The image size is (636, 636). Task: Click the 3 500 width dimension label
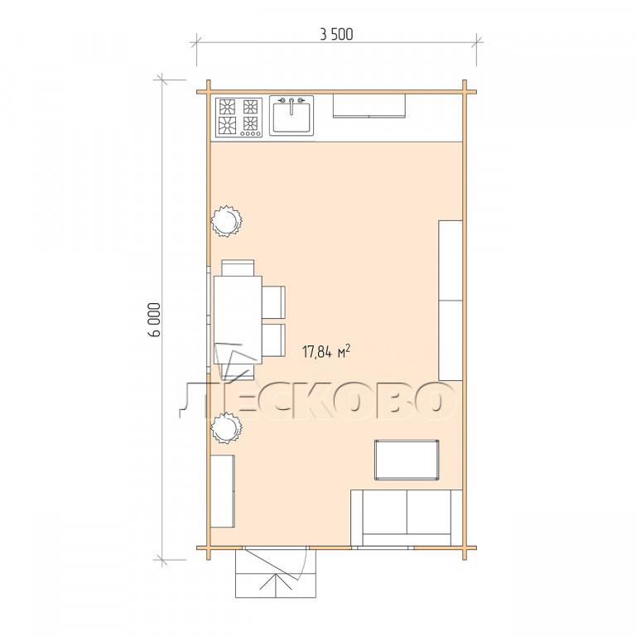[x=336, y=35]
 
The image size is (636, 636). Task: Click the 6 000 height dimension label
[x=155, y=320]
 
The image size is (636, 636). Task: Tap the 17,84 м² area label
[x=326, y=351]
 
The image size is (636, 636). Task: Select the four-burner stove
[x=238, y=117]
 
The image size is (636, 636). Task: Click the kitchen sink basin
[x=291, y=118]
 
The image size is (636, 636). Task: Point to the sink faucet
[x=291, y=104]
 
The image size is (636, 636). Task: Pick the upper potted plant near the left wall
[x=226, y=221]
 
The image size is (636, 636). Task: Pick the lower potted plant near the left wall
[x=226, y=427]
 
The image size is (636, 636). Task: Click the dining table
[x=238, y=320]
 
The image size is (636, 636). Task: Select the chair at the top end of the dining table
[x=238, y=267]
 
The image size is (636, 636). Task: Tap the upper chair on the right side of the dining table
[x=273, y=302]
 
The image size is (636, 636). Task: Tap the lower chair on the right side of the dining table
[x=273, y=340]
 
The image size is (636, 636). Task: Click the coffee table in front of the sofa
[x=407, y=460]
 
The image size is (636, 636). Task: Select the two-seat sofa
[x=407, y=518]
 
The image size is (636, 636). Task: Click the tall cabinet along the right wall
[x=450, y=301]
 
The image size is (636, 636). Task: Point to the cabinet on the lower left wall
[x=223, y=491]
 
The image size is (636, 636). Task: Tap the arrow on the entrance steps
[x=277, y=582]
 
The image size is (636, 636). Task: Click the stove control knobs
[x=250, y=133]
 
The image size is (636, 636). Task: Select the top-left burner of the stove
[x=227, y=107]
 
